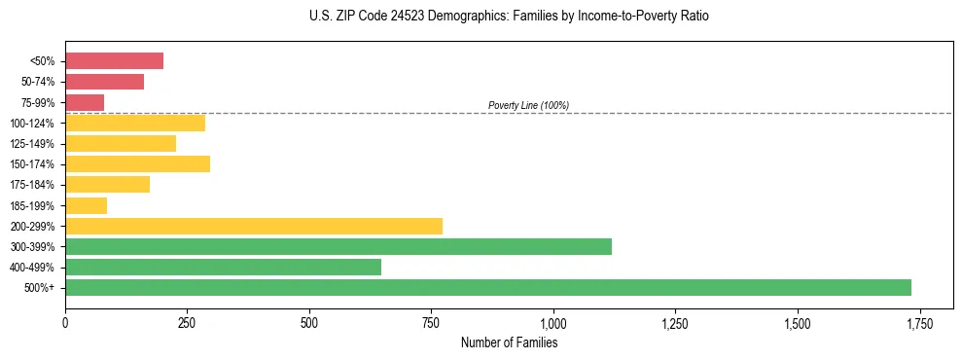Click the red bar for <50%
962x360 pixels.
[114, 61]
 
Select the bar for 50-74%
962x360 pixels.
[104, 82]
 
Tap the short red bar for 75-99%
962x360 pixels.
[85, 102]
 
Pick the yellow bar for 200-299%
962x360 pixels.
[254, 226]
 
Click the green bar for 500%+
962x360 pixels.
[487, 287]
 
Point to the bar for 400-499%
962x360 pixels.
[223, 267]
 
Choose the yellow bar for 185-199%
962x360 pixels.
[86, 205]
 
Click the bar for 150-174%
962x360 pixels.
[137, 163]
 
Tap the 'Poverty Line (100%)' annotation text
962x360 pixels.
[528, 105]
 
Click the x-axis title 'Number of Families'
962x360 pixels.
[509, 342]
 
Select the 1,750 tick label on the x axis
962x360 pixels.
[919, 323]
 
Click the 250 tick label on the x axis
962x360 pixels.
[187, 323]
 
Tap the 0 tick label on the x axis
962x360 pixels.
[65, 323]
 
